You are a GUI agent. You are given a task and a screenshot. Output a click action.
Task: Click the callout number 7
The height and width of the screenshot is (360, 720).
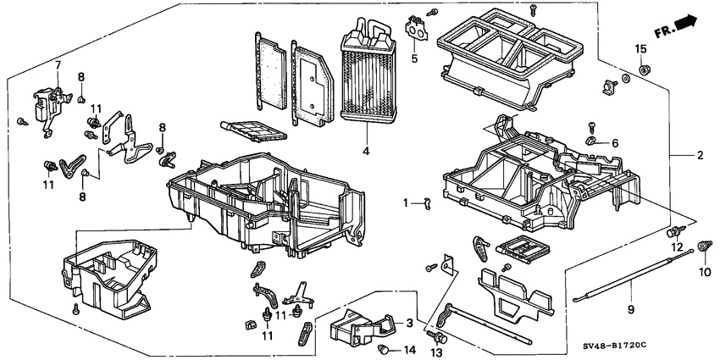pos(58,65)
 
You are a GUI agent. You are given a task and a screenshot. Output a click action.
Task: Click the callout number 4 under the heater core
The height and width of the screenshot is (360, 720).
pos(365,152)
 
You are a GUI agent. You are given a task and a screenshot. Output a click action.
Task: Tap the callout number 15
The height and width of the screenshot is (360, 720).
pos(640,47)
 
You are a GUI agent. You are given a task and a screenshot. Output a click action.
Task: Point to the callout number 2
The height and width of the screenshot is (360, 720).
pos(701,155)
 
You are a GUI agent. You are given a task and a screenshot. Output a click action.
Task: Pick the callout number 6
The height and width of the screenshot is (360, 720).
pos(615,142)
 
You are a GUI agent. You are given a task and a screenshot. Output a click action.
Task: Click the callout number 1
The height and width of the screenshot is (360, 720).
pos(406,202)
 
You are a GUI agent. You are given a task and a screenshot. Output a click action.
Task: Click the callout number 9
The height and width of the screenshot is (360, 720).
pos(630,309)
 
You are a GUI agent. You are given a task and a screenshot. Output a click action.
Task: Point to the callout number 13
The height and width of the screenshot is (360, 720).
pos(438,351)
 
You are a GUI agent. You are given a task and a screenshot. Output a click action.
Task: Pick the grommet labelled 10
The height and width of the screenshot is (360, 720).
pos(702,246)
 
